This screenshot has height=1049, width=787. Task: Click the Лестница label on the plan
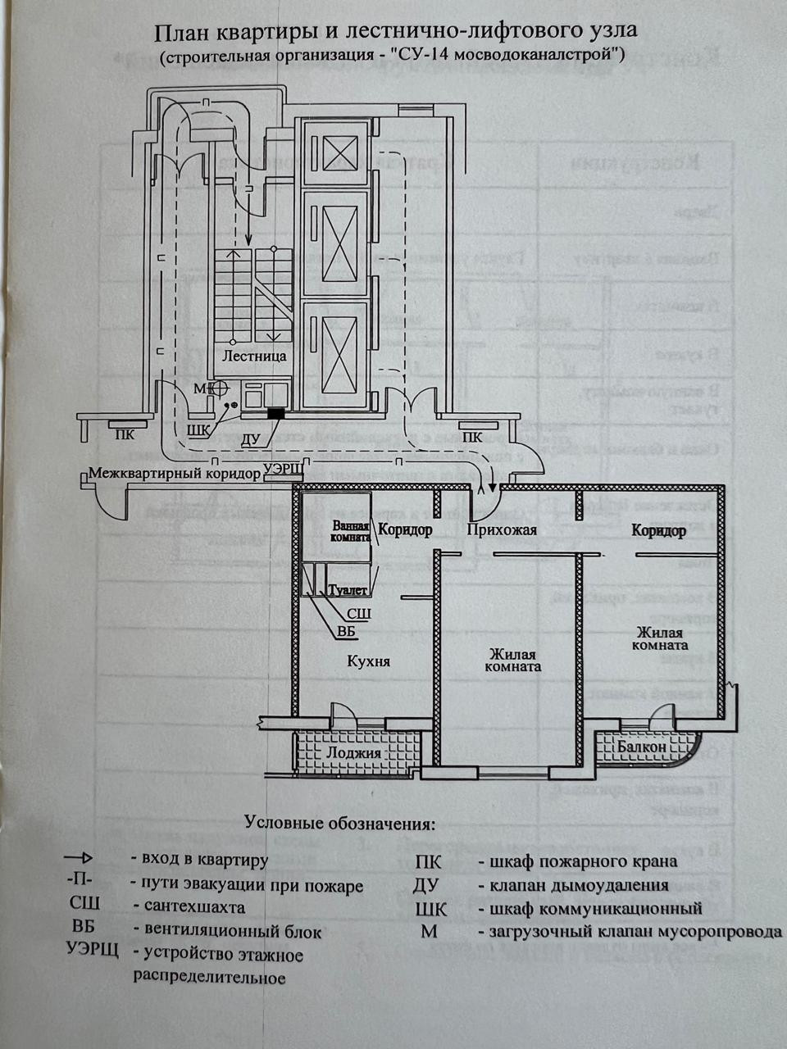(x=255, y=356)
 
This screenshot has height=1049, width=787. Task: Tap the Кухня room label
(x=368, y=661)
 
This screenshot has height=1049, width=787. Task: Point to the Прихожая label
(x=501, y=529)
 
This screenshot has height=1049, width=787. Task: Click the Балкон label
(x=642, y=747)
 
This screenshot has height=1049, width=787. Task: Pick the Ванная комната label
(x=351, y=530)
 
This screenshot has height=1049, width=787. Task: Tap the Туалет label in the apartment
(x=347, y=590)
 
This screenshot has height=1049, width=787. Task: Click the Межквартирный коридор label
(x=175, y=474)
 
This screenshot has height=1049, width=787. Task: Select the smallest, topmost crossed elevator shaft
(x=337, y=152)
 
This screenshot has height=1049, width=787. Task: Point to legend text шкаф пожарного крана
(x=583, y=861)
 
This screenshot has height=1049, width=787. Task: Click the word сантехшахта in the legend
(x=193, y=907)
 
